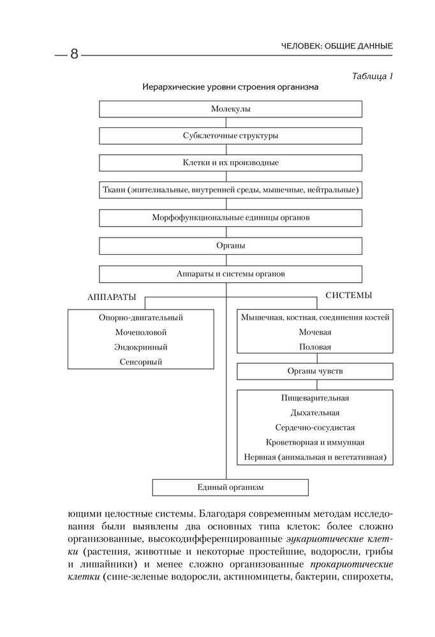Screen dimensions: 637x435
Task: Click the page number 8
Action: click(x=73, y=54)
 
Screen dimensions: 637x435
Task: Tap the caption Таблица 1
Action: click(x=372, y=76)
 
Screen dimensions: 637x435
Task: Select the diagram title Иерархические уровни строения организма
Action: click(x=230, y=87)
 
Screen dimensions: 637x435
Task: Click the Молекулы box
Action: click(x=230, y=109)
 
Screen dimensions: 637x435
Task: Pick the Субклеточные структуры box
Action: click(x=230, y=136)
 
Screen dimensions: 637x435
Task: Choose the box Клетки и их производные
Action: click(x=230, y=162)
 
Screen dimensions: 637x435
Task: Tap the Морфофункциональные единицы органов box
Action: click(x=230, y=217)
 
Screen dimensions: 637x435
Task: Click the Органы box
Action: click(x=230, y=245)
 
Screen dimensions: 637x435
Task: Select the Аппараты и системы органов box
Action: click(x=230, y=274)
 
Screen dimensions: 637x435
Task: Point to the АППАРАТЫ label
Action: click(x=112, y=297)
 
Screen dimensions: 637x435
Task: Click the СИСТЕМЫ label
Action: click(x=349, y=296)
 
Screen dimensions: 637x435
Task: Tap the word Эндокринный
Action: click(x=141, y=347)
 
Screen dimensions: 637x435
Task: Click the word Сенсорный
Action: click(x=141, y=362)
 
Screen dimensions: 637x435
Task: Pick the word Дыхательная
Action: click(x=315, y=413)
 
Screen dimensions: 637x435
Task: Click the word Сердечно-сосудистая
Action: click(x=315, y=427)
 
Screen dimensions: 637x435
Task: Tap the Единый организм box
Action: click(x=230, y=487)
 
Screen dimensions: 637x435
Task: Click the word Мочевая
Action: click(x=315, y=332)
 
